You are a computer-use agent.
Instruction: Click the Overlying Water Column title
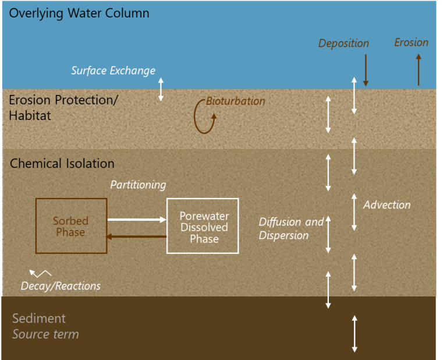tap(79, 13)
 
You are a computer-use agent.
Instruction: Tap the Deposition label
tap(343, 44)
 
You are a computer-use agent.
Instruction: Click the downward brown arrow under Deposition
tap(366, 70)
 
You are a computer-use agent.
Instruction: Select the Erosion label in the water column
tap(411, 43)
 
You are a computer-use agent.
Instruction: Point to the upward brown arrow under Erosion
tap(418, 69)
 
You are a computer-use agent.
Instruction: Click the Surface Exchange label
tap(113, 70)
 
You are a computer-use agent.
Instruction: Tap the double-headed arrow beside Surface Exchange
tap(161, 89)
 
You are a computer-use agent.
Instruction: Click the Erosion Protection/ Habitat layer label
tap(63, 108)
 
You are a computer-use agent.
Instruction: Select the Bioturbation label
tap(235, 101)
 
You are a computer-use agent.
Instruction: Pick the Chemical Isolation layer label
tap(62, 164)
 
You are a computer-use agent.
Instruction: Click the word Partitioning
tap(138, 185)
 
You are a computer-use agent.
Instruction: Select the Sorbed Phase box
tap(71, 226)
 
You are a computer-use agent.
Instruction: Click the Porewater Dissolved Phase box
tap(203, 226)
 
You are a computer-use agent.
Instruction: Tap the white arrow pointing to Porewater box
tap(137, 220)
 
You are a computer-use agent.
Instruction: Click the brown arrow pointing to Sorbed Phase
tap(137, 237)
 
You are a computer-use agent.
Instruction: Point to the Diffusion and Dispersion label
tap(291, 228)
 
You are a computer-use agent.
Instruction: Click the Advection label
tap(386, 205)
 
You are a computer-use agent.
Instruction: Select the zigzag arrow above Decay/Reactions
tap(40, 273)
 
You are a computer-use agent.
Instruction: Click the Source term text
tap(45, 334)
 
